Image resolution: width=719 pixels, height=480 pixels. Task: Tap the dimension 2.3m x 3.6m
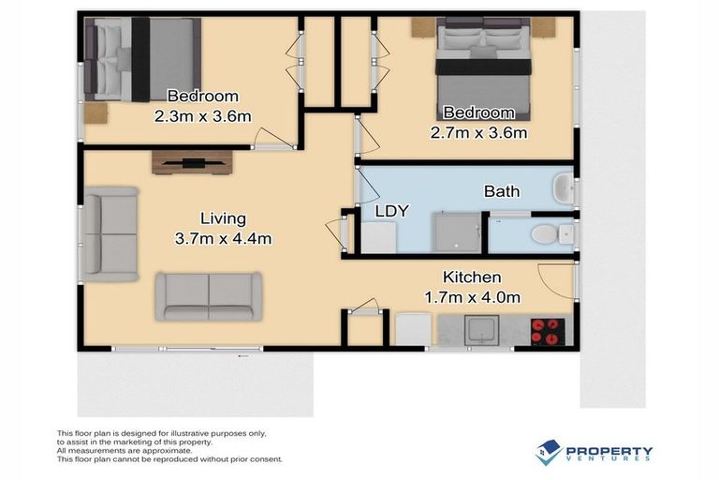[202, 116]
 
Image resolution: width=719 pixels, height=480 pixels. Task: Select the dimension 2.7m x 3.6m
[477, 132]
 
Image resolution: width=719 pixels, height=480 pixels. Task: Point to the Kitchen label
[471, 277]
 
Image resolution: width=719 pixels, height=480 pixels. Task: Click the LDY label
[391, 211]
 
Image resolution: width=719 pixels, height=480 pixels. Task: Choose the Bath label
[502, 191]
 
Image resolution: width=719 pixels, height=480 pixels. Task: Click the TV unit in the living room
[191, 162]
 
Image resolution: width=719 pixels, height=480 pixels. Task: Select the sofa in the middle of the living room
[205, 296]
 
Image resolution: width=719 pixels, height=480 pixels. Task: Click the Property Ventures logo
[594, 453]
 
